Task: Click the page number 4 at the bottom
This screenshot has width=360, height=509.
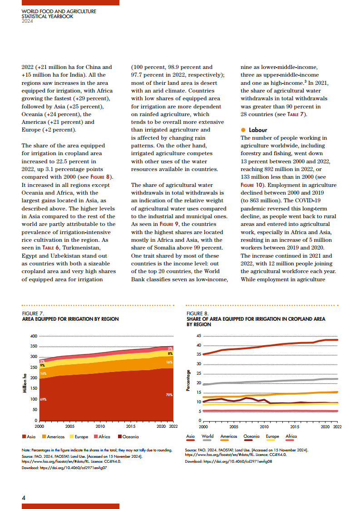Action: tap(24, 497)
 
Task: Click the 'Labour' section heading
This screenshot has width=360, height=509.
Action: tap(258, 130)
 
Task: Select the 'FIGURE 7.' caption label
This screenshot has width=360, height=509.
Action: tap(33, 313)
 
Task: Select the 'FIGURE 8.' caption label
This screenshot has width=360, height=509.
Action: tap(197, 313)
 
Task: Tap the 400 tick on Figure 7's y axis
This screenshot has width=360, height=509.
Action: tap(33, 336)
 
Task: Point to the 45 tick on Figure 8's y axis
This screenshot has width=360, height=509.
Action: tap(198, 336)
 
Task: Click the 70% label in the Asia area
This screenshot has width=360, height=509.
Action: tap(169, 395)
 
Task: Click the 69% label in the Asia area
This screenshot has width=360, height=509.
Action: tap(43, 399)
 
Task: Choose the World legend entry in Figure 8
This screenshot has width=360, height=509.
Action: tap(207, 436)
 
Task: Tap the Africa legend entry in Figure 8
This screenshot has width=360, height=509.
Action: tap(291, 436)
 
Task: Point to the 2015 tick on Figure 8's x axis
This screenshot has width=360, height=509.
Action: tap(294, 426)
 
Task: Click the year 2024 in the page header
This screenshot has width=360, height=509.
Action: tap(27, 21)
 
